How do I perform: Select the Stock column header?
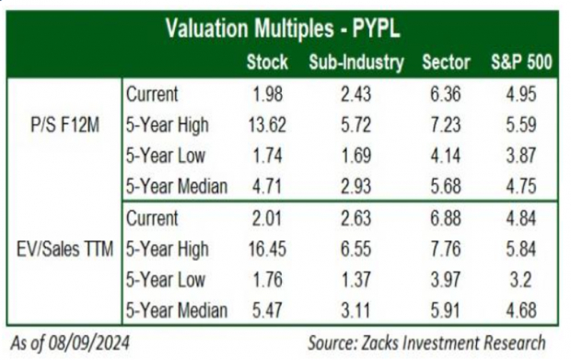coord(267,63)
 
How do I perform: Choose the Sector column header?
coord(445,63)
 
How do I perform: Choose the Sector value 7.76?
coord(445,249)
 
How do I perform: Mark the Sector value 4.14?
coord(445,157)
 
